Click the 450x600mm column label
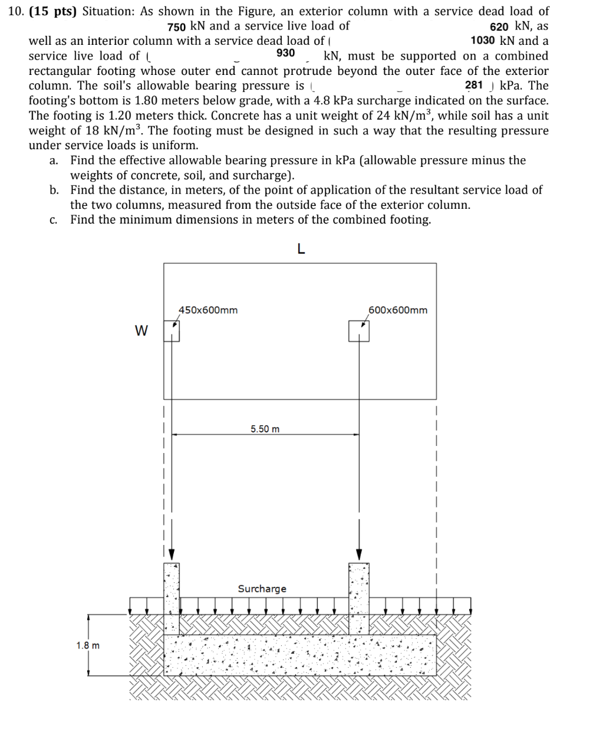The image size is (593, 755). (x=208, y=310)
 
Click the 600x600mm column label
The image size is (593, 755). (x=398, y=310)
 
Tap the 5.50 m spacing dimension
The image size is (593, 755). (x=265, y=429)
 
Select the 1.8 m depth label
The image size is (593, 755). (x=88, y=645)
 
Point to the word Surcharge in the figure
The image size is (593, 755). (x=262, y=589)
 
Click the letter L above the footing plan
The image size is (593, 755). (x=301, y=249)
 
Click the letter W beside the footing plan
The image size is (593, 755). (x=141, y=330)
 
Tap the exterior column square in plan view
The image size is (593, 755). (x=172, y=330)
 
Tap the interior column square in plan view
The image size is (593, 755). (x=359, y=330)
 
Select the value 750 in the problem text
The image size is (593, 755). (x=177, y=27)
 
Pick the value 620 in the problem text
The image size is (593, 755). (x=500, y=27)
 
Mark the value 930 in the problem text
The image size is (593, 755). (x=285, y=53)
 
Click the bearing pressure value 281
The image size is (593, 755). (x=474, y=85)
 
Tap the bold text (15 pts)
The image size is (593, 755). (x=53, y=11)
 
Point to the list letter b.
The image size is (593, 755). (x=54, y=190)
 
